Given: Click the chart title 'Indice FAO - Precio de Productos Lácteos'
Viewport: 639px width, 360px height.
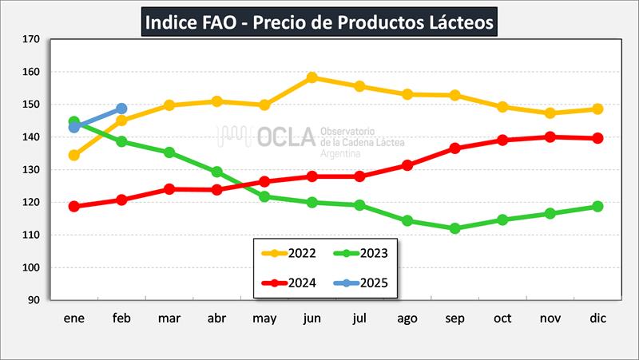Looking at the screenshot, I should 319,22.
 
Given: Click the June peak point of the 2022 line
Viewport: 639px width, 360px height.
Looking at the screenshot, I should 312,77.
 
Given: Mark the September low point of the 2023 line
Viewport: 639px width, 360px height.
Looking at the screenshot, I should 455,228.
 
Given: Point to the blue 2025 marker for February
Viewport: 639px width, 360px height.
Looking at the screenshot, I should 121,108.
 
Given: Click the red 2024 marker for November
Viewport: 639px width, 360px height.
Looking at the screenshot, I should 550,136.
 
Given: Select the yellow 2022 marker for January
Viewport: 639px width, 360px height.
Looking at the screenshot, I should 74,155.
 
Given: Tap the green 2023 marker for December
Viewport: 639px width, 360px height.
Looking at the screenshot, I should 597,207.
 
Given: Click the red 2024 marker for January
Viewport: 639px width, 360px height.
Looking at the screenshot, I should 74,206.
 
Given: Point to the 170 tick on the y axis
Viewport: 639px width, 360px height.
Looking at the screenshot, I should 32,39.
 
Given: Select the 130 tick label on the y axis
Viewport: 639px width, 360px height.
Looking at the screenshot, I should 32,170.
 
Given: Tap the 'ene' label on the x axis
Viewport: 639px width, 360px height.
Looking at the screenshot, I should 74,318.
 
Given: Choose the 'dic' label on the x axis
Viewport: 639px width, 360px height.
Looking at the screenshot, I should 597,318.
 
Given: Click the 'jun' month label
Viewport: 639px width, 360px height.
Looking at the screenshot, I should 312,318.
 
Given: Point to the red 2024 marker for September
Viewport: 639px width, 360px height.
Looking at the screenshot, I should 455,148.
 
